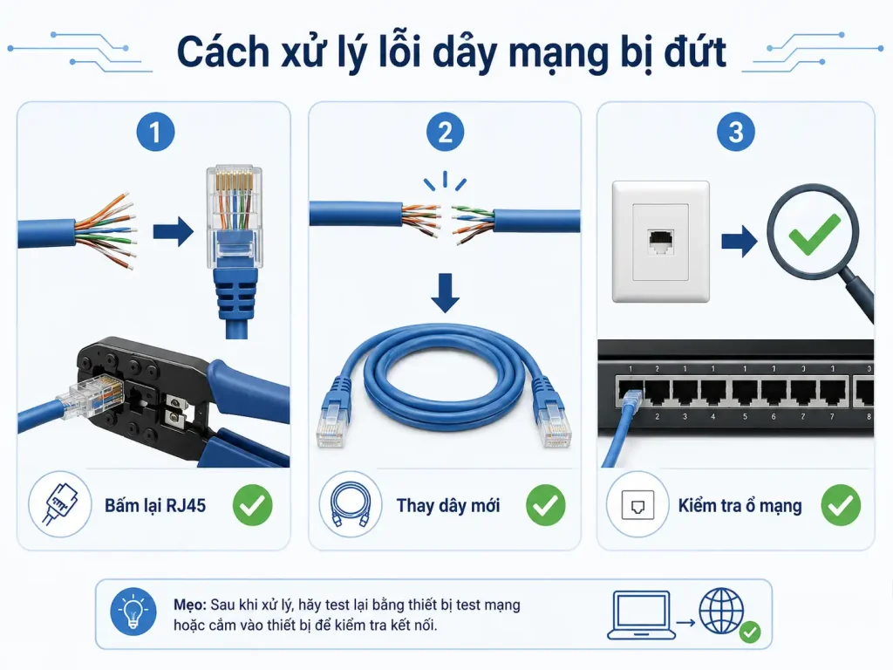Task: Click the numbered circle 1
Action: [x=155, y=133]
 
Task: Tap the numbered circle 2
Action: [x=445, y=133]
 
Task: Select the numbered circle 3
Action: [x=736, y=133]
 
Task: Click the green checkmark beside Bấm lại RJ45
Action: [x=252, y=505]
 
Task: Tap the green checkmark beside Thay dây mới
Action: [x=546, y=505]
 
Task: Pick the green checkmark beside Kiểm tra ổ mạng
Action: [x=841, y=505]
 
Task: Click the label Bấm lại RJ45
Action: [x=155, y=505]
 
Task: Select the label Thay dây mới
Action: [x=448, y=505]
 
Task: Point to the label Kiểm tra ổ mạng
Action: [x=740, y=505]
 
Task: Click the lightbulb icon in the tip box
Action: [x=133, y=612]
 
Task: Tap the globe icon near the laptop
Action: [x=721, y=611]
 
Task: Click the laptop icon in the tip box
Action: [x=641, y=615]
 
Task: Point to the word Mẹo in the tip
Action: [x=190, y=605]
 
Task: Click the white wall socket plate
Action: [x=661, y=242]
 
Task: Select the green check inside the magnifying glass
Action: [x=815, y=234]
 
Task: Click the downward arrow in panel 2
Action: [x=445, y=293]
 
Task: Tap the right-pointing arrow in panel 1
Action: [x=174, y=231]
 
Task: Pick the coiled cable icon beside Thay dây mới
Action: [x=351, y=504]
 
